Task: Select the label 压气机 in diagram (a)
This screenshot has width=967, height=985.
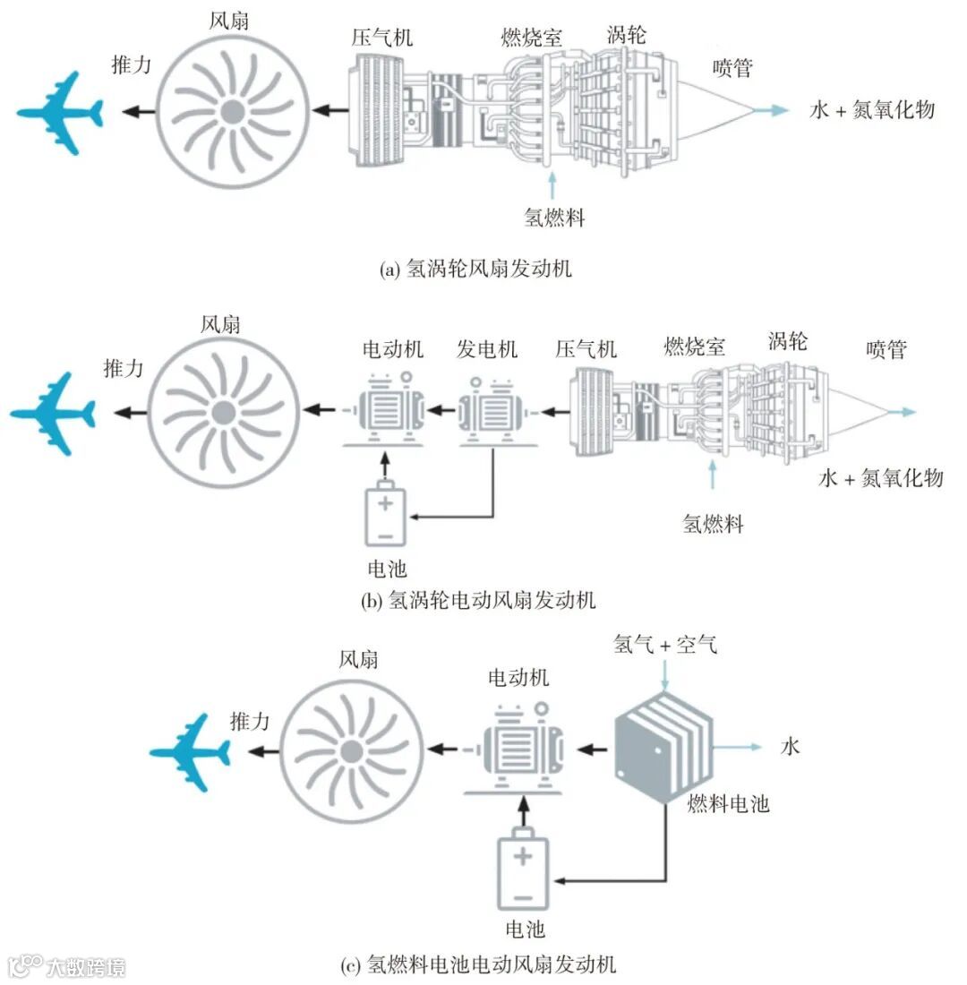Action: click(x=383, y=38)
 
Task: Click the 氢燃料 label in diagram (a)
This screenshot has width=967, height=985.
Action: click(x=554, y=216)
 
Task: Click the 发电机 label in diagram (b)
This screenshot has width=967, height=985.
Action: click(x=487, y=348)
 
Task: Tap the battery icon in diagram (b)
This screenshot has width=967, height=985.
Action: click(x=385, y=517)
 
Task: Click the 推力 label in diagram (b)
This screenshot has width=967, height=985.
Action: click(x=123, y=367)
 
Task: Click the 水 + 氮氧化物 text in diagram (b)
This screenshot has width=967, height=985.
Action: click(x=881, y=477)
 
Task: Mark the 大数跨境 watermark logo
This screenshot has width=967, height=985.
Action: click(x=67, y=966)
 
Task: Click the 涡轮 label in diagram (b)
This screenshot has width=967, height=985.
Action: click(x=788, y=340)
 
